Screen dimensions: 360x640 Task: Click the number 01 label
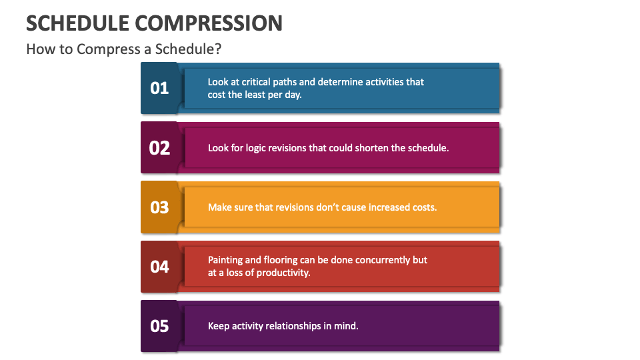pyautogui.click(x=159, y=88)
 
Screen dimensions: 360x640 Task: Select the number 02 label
pyautogui.click(x=159, y=147)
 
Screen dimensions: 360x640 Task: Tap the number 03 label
pyautogui.click(x=159, y=207)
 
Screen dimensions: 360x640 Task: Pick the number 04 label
pyautogui.click(x=159, y=267)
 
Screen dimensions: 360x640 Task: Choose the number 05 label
pyautogui.click(x=159, y=326)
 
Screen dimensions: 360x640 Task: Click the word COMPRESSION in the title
pyautogui.click(x=209, y=23)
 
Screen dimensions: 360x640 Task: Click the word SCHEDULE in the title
pyautogui.click(x=77, y=23)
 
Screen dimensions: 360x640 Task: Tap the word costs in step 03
pyautogui.click(x=423, y=207)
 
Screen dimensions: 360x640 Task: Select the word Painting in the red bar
pyautogui.click(x=225, y=260)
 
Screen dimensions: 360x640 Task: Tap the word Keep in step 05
pyautogui.click(x=219, y=326)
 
